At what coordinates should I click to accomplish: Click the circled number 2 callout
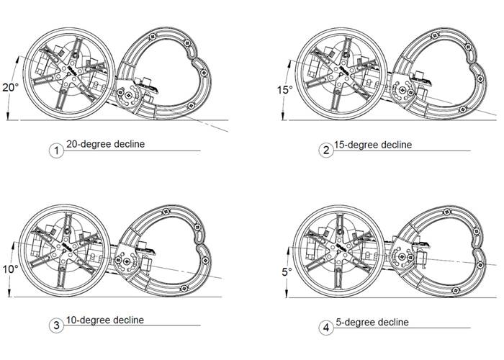coord(327,150)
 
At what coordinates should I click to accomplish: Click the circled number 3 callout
coord(56,325)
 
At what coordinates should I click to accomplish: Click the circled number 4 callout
coord(327,328)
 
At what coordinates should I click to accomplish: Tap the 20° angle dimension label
coord(9,88)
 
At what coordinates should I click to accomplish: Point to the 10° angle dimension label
coord(9,269)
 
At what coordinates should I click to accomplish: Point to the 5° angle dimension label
coord(287,272)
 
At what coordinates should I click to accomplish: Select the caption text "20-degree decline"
coord(105,144)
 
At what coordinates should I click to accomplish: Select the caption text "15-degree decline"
coord(374,145)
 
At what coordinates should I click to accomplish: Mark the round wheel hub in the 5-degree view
coord(339,250)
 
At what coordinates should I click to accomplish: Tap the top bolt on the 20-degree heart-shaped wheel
coord(153,35)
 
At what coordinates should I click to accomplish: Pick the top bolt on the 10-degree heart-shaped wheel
coord(166,212)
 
